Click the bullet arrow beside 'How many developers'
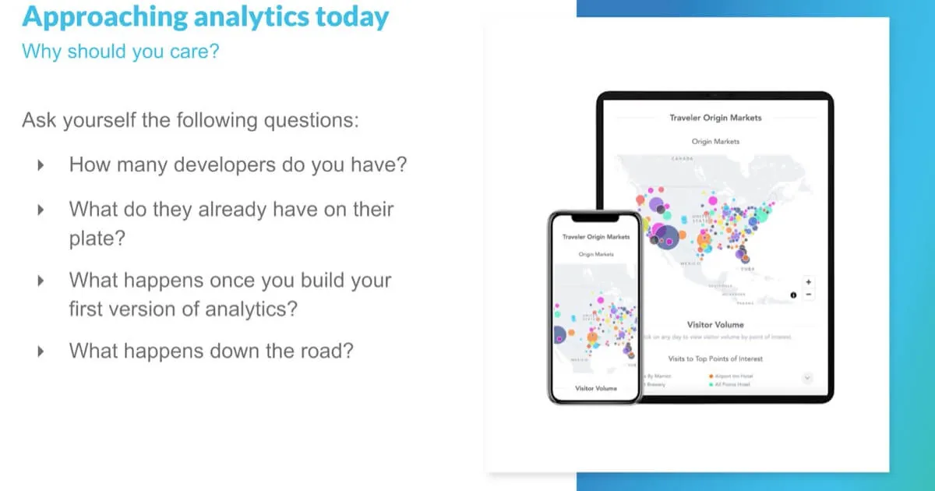pos(41,165)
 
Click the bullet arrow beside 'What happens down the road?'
pos(41,351)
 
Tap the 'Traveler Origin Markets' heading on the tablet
pos(715,118)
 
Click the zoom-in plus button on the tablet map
pos(809,282)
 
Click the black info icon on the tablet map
pos(793,295)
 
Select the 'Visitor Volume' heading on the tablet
pos(715,324)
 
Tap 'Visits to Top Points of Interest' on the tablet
pos(715,359)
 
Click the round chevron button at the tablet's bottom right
pos(807,377)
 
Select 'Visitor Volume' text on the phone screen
pos(595,388)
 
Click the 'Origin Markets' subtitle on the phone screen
pos(596,255)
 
